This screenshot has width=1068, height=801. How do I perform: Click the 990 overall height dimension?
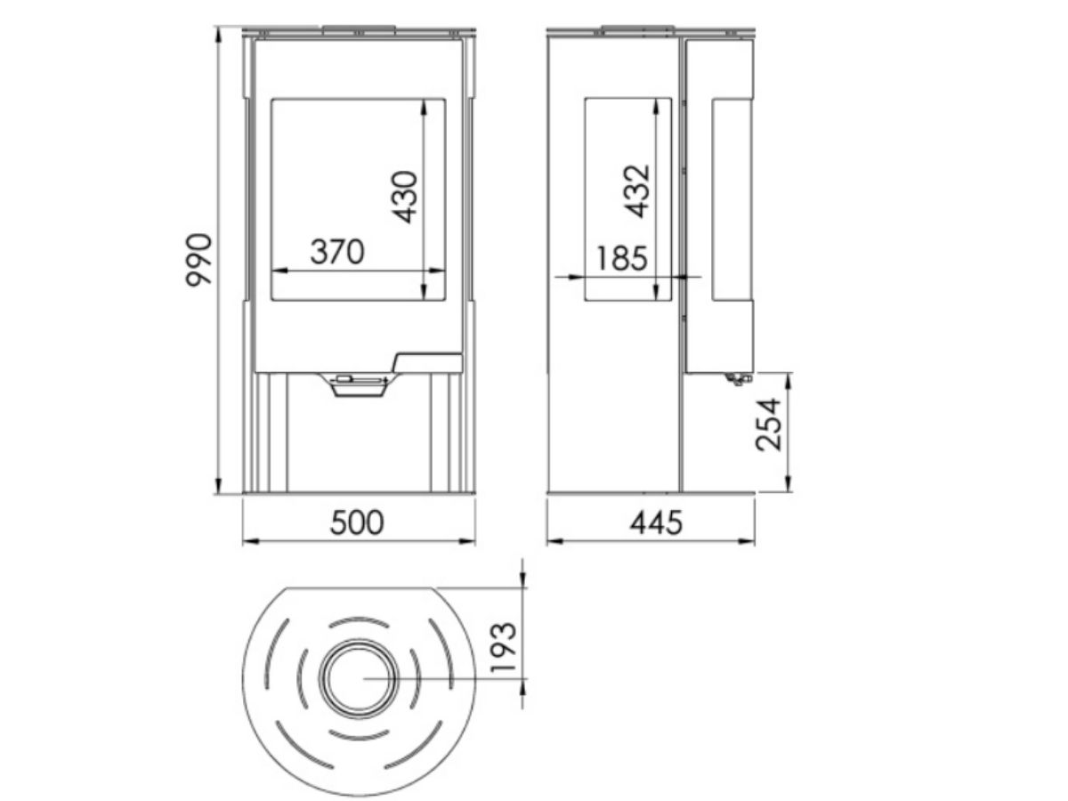click(x=198, y=261)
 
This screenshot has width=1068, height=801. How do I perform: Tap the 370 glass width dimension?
click(x=337, y=252)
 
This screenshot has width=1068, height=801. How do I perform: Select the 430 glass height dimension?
click(x=405, y=197)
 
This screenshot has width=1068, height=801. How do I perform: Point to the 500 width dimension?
click(x=357, y=522)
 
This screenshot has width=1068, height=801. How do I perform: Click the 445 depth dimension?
click(x=656, y=522)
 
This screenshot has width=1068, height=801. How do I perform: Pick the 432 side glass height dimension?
click(x=636, y=191)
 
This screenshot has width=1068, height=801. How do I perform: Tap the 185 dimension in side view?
click(x=621, y=258)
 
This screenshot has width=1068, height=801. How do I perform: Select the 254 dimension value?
click(x=768, y=425)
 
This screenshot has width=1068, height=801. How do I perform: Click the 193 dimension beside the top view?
click(x=503, y=647)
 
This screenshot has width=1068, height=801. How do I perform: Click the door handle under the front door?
click(x=358, y=384)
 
